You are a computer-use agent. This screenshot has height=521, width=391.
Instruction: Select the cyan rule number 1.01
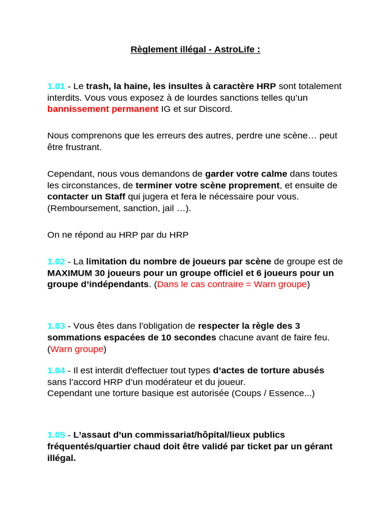(x=56, y=86)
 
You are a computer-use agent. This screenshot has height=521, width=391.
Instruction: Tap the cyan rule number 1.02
(x=56, y=262)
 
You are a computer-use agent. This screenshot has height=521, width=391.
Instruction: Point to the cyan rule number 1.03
(x=56, y=326)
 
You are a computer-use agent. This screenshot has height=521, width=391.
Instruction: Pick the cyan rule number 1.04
(x=56, y=370)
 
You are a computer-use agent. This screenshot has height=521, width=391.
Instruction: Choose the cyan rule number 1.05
(x=56, y=435)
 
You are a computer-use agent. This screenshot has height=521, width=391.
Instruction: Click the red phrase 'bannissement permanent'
(x=103, y=109)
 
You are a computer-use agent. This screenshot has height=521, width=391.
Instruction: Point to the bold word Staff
(x=115, y=197)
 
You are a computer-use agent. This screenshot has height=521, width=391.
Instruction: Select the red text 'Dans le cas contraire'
(x=198, y=284)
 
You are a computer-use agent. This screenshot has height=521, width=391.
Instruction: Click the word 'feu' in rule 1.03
(x=321, y=337)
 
